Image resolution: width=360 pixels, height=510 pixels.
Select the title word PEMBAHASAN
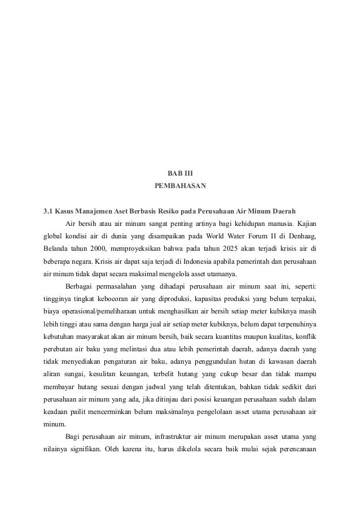click(180, 185)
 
